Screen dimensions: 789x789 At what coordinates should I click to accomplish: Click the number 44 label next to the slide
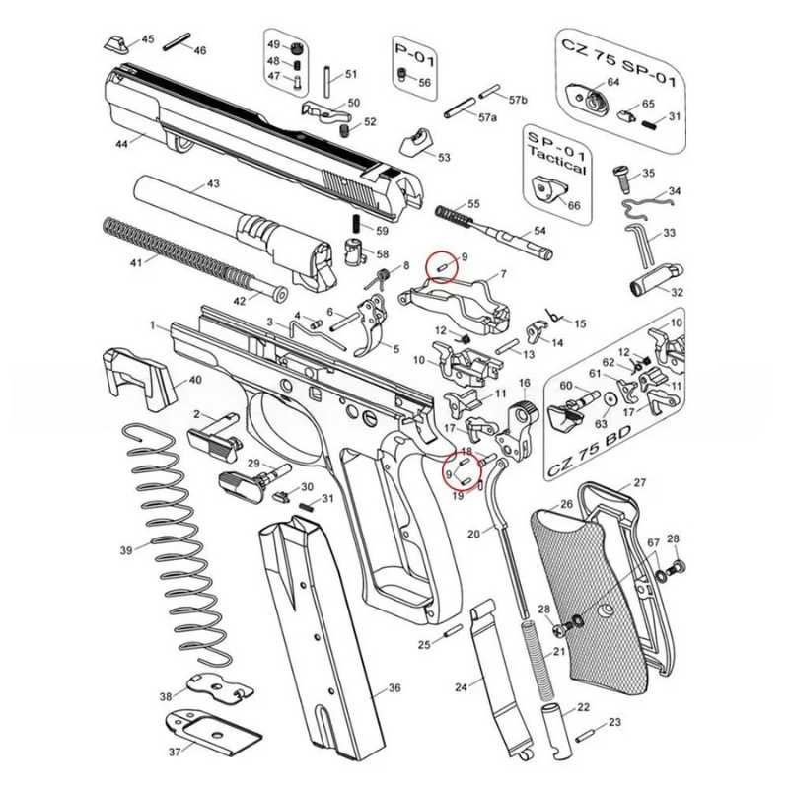[x=122, y=144]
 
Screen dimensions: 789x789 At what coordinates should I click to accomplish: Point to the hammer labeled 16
[x=520, y=414]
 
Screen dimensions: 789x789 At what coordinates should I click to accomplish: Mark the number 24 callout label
[x=461, y=686]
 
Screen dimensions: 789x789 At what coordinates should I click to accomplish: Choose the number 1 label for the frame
[x=153, y=325]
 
